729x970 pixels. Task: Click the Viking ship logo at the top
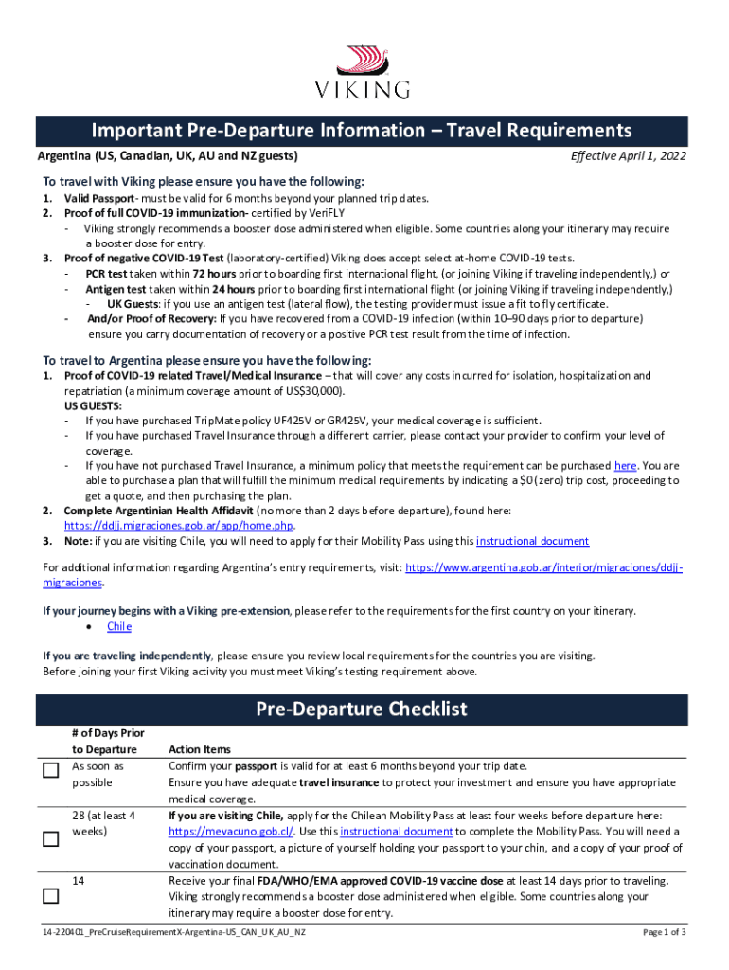pyautogui.click(x=364, y=59)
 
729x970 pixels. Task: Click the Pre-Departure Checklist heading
pyautogui.click(x=364, y=709)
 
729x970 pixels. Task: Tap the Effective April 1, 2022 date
pyautogui.click(x=628, y=156)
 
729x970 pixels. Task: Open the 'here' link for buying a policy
pyautogui.click(x=625, y=466)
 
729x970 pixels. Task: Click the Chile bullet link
pyautogui.click(x=119, y=626)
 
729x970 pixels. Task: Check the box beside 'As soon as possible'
pyautogui.click(x=51, y=772)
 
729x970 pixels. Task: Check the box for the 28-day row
pyautogui.click(x=51, y=839)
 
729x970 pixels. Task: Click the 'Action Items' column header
pyautogui.click(x=199, y=749)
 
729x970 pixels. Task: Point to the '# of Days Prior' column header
pyautogui.click(x=108, y=732)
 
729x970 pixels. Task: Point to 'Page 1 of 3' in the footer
pyautogui.click(x=665, y=932)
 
